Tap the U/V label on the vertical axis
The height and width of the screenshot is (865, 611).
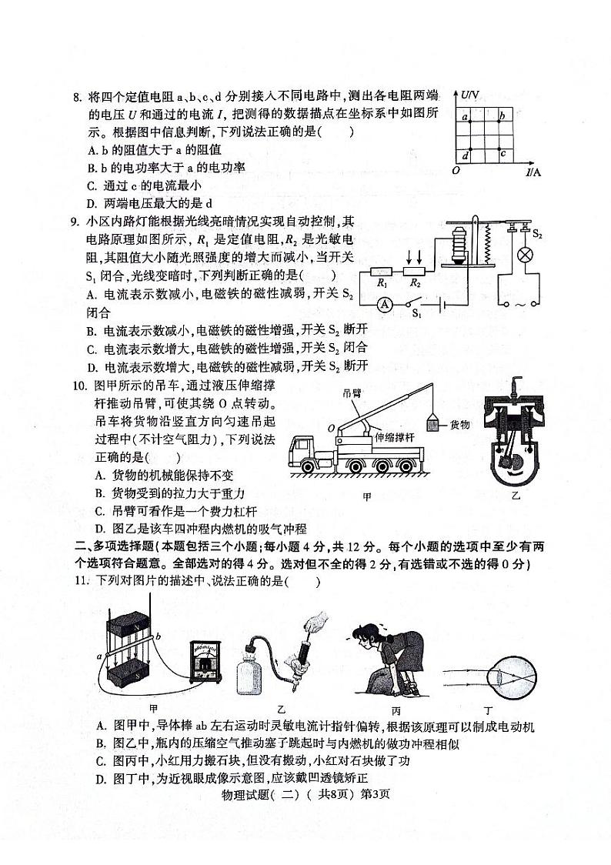pos(470,93)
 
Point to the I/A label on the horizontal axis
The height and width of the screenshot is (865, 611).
pos(533,172)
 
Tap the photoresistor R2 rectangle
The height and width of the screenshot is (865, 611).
pos(415,271)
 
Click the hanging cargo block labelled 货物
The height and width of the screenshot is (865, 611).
pos(434,425)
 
